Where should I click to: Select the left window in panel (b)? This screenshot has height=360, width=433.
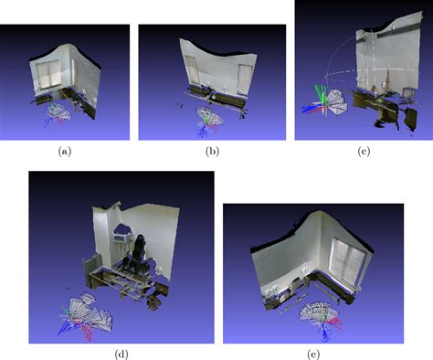[x=193, y=69]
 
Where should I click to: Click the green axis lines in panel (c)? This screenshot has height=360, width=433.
[x=319, y=94]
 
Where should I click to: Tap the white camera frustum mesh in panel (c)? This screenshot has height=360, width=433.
[x=335, y=102]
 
